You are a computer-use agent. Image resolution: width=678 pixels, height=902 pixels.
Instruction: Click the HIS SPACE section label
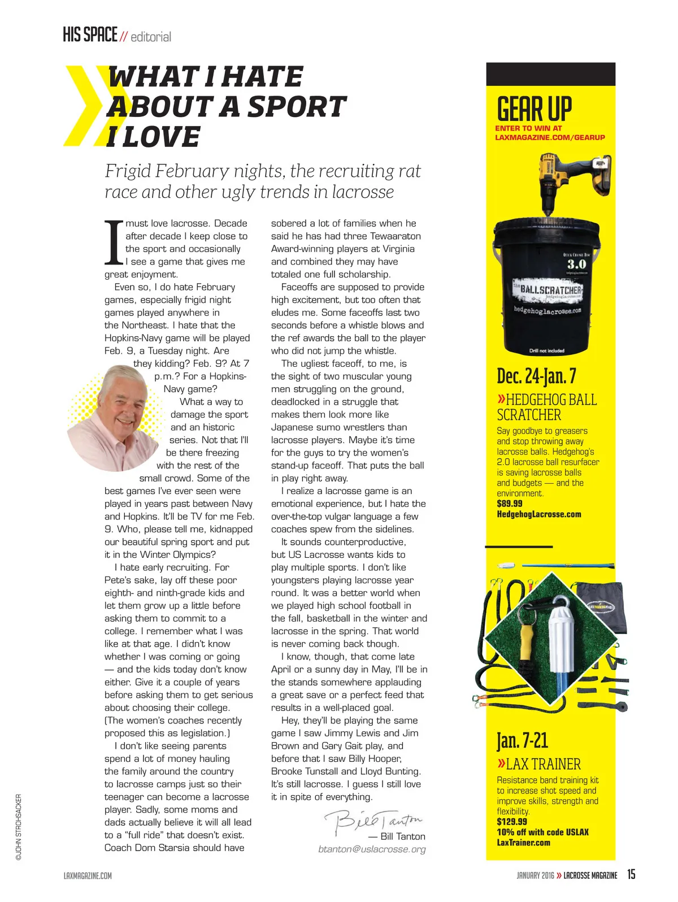click(90, 35)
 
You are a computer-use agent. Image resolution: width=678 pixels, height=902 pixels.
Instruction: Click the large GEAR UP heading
click(534, 108)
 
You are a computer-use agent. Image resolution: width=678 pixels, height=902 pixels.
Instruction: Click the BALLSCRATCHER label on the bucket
click(550, 289)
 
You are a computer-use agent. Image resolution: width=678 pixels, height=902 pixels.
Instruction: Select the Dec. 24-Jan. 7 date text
click(536, 376)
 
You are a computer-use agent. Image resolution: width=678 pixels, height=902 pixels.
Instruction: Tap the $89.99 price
click(510, 504)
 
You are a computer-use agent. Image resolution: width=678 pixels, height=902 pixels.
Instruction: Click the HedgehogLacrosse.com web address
click(538, 514)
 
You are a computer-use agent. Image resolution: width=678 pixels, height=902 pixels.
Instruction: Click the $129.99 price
click(512, 822)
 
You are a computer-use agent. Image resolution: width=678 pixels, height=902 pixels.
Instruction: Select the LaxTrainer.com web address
click(523, 843)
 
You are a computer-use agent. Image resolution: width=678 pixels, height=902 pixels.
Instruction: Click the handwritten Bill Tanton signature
click(372, 820)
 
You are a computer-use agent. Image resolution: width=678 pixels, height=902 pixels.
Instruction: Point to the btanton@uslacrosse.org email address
click(372, 849)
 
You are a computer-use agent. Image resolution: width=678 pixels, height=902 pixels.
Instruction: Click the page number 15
click(631, 874)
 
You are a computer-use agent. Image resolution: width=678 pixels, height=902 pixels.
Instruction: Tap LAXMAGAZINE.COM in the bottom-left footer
click(88, 875)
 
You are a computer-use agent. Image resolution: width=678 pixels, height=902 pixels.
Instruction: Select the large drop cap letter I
click(114, 242)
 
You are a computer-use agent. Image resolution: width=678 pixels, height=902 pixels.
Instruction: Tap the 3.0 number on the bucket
click(576, 264)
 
